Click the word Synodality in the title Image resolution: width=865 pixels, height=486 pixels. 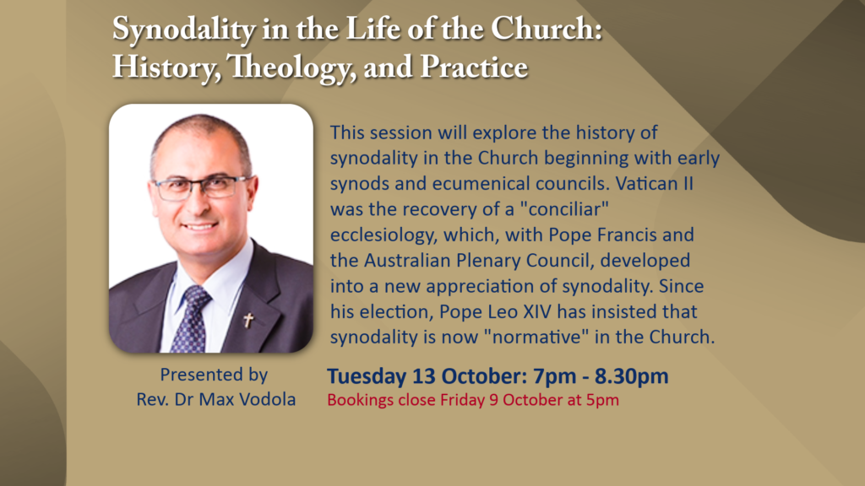[183, 29]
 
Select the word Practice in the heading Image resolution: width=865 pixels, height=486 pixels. [474, 67]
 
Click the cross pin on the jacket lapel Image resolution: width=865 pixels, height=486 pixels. [249, 320]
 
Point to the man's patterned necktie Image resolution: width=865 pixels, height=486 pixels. [191, 320]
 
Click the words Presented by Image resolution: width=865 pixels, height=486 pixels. [214, 375]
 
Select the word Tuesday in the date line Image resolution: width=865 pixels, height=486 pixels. [367, 376]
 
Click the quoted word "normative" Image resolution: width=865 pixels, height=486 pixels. [536, 337]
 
